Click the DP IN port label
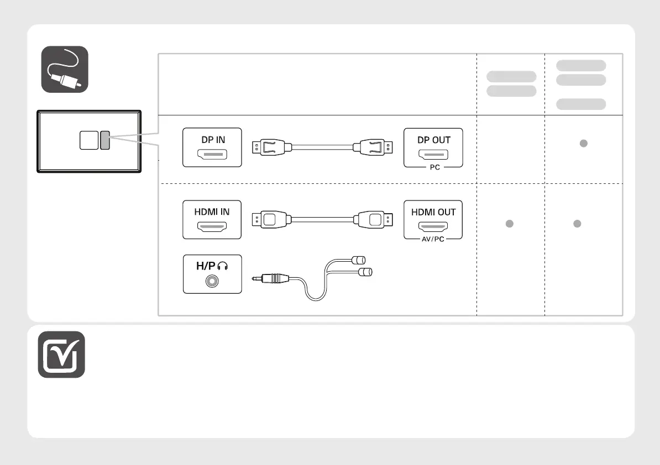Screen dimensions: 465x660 point(213,140)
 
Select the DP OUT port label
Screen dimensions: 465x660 point(433,140)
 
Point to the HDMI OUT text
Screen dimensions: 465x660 point(433,212)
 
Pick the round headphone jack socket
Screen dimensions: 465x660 point(212,281)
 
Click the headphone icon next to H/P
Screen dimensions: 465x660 point(223,266)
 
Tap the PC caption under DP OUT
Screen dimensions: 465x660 point(434,167)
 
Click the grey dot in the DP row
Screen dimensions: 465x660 point(583,144)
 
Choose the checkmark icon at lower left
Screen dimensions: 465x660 point(61,355)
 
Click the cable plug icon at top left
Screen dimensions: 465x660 point(65,69)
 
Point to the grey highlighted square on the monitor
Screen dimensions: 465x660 point(105,140)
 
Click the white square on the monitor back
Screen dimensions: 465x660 point(88,140)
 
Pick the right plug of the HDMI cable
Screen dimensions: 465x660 point(375,219)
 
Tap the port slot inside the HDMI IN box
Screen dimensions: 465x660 point(212,226)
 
